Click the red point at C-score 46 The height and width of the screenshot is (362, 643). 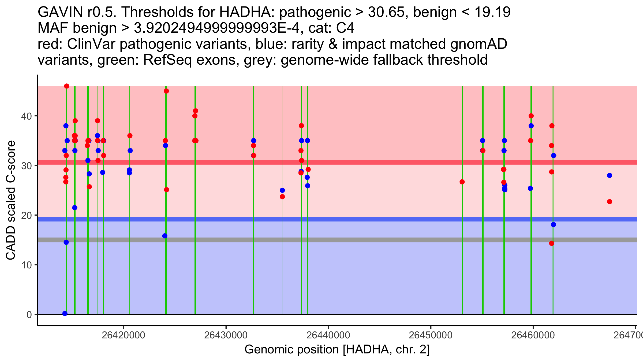click(67, 86)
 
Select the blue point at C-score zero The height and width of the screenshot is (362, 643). click(65, 313)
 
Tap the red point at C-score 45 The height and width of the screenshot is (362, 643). click(166, 91)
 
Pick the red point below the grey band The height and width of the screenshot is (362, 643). click(552, 243)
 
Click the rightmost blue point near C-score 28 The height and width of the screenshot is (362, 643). click(610, 175)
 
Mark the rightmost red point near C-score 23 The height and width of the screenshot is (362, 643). click(610, 202)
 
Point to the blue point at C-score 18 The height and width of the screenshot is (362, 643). click(554, 225)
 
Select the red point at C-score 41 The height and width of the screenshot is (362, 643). click(196, 111)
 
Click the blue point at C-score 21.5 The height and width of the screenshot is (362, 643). click(75, 208)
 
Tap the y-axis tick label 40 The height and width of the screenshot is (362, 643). click(27, 116)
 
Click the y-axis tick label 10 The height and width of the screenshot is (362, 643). click(27, 265)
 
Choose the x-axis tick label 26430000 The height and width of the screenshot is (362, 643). click(226, 335)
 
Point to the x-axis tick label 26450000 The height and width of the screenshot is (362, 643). click(431, 335)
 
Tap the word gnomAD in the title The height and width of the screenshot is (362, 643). click(478, 44)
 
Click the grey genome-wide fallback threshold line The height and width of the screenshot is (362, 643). click(337, 240)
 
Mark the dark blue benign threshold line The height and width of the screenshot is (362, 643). click(337, 219)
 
